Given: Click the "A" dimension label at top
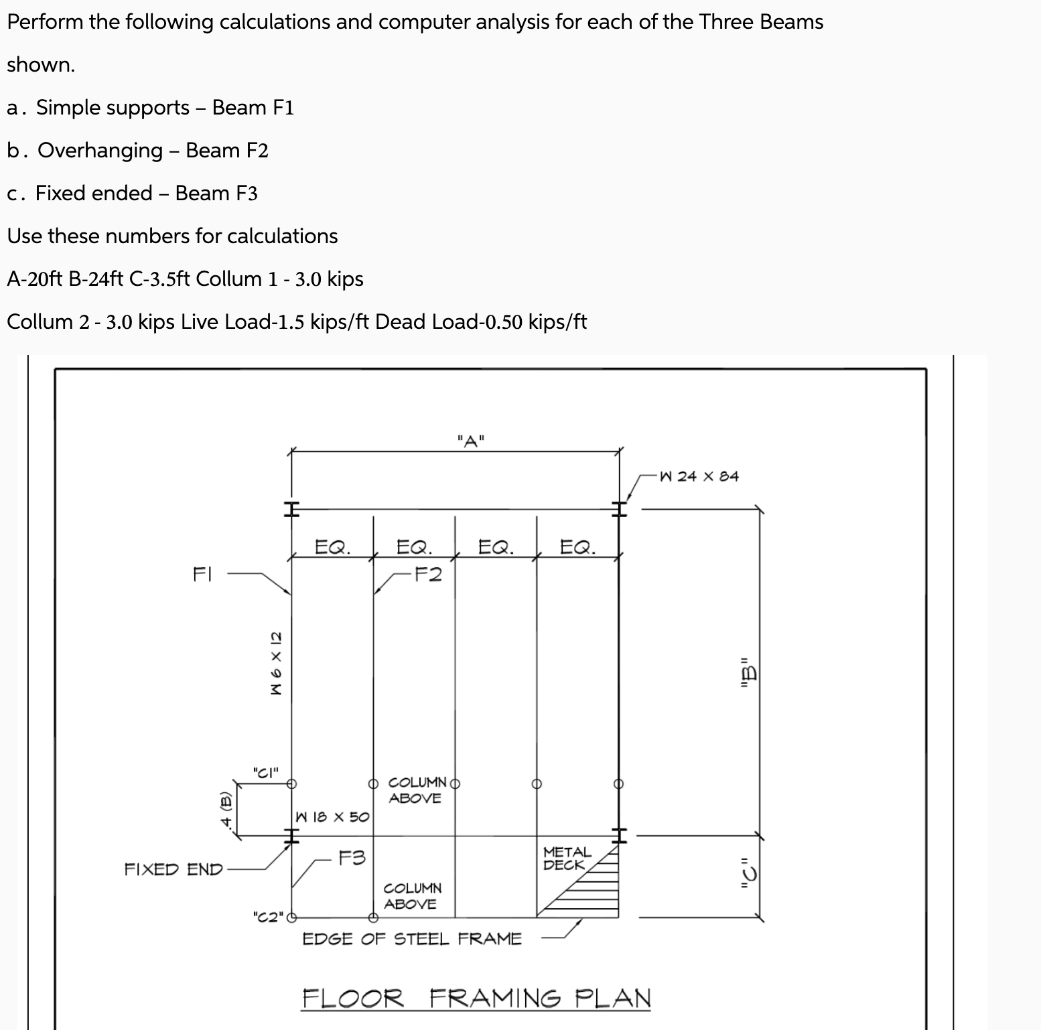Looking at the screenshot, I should click(472, 441).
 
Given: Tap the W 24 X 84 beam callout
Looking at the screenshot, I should click(699, 477).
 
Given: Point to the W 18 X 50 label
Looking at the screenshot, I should click(332, 817).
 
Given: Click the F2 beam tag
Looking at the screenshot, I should click(427, 575).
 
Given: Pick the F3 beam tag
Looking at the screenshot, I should click(352, 858).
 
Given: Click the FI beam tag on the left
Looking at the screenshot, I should click(202, 575).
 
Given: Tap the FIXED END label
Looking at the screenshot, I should click(173, 870).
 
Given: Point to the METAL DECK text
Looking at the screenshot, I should click(567, 859).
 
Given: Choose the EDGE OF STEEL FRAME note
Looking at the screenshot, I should click(412, 939).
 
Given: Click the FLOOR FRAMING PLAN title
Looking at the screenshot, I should click(476, 999).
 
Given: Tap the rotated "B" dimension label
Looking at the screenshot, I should click(748, 675).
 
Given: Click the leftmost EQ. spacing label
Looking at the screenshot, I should click(332, 548).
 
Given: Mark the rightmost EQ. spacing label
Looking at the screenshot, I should click(577, 548).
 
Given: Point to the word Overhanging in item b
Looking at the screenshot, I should click(100, 151).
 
